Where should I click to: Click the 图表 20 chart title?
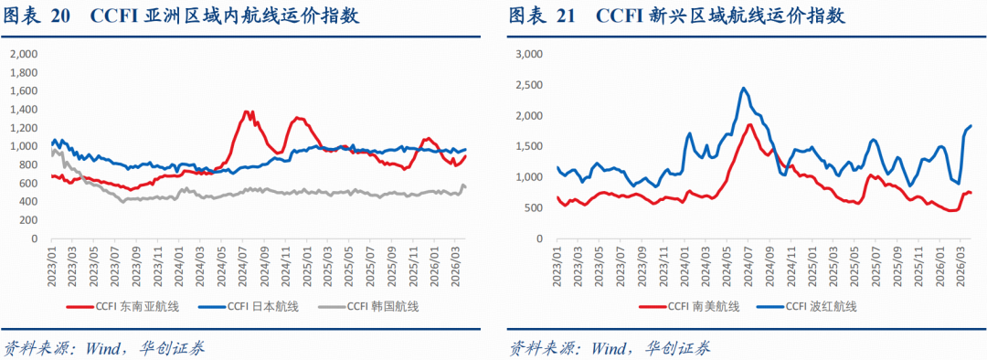click(182, 16)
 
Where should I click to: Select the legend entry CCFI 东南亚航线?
click(122, 306)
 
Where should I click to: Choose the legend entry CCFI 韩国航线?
click(369, 306)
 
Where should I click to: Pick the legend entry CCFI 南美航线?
click(689, 306)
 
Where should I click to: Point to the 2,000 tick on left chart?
click(26, 54)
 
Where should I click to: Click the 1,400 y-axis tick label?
click(26, 110)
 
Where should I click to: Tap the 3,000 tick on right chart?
click(529, 54)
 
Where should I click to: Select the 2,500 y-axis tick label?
click(529, 85)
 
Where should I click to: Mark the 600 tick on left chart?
click(29, 184)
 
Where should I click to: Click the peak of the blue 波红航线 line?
click(743, 88)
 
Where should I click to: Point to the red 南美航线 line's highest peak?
click(749, 124)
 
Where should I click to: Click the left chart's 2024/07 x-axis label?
click(244, 265)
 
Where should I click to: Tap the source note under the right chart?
click(610, 347)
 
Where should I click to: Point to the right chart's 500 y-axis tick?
click(533, 208)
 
